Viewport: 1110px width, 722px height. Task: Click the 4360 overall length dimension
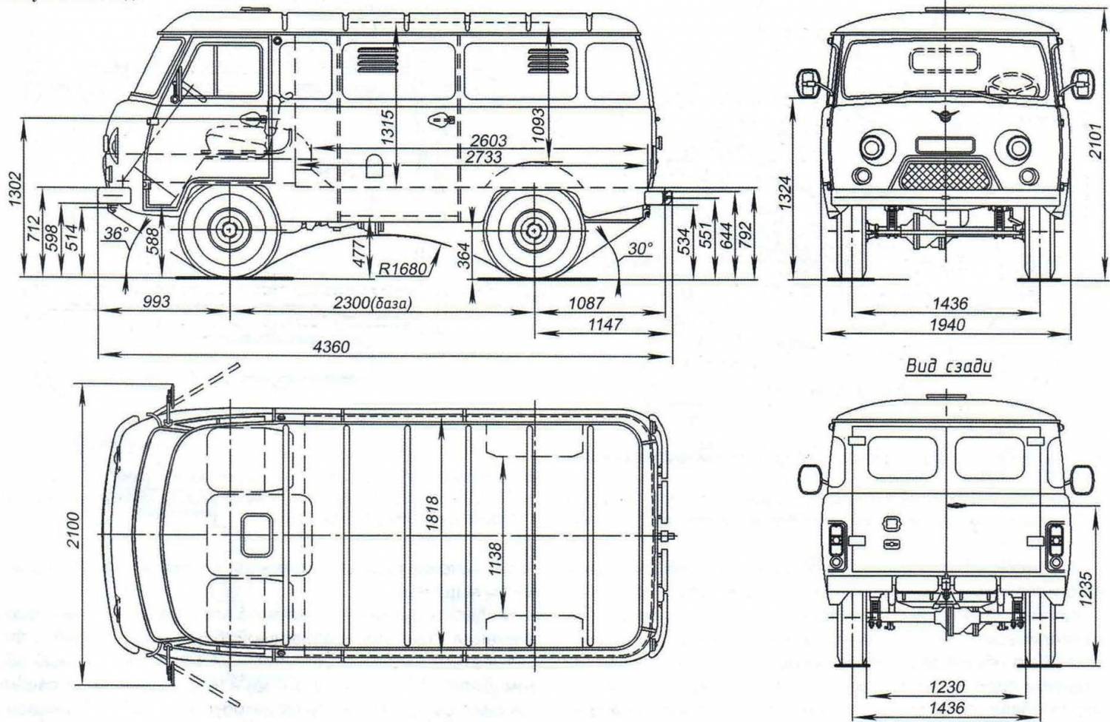pyautogui.click(x=331, y=346)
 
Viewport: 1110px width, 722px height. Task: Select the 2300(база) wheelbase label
pyautogui.click(x=371, y=303)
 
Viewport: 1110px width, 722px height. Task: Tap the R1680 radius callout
pyautogui.click(x=403, y=269)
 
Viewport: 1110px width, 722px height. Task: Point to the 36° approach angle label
pyautogui.click(x=115, y=234)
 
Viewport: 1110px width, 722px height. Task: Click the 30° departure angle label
pyautogui.click(x=639, y=249)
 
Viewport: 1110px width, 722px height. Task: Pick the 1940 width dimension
pyautogui.click(x=947, y=325)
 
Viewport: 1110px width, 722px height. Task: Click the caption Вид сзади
pyautogui.click(x=948, y=366)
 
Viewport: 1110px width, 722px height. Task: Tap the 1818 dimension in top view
pyautogui.click(x=433, y=512)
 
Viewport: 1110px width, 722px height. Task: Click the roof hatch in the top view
pyautogui.click(x=256, y=534)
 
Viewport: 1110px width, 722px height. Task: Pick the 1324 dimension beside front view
pyautogui.click(x=787, y=192)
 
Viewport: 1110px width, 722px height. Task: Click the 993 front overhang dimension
pyautogui.click(x=155, y=302)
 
